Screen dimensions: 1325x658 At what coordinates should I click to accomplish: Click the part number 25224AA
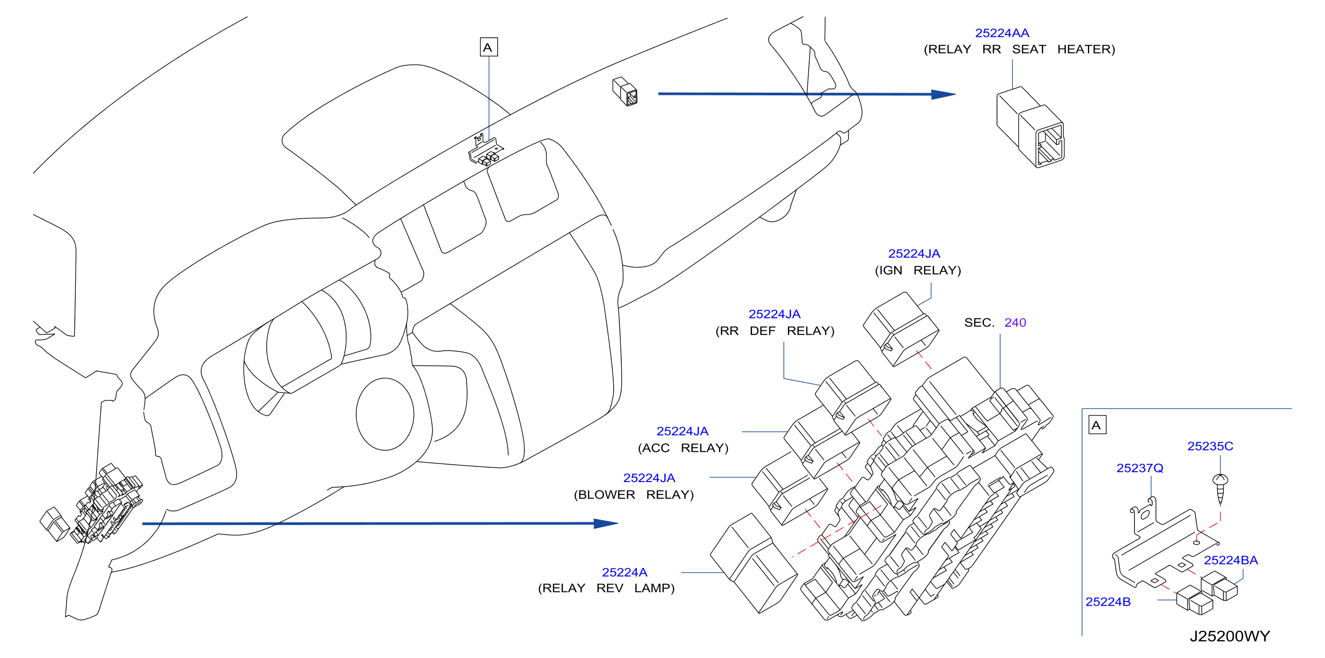[x=1002, y=33]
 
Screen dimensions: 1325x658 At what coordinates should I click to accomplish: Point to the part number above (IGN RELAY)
[x=914, y=254]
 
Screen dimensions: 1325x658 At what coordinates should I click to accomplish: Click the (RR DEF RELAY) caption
[x=775, y=331]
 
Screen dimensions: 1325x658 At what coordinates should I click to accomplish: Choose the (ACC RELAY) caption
[x=683, y=448]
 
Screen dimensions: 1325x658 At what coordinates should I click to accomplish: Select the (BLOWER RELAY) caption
[x=634, y=495]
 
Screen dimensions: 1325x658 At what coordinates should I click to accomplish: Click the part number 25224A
[x=624, y=572]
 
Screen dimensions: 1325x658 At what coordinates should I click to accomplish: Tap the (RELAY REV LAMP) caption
[x=606, y=588]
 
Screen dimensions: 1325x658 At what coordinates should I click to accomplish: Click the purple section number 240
[x=1015, y=322]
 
